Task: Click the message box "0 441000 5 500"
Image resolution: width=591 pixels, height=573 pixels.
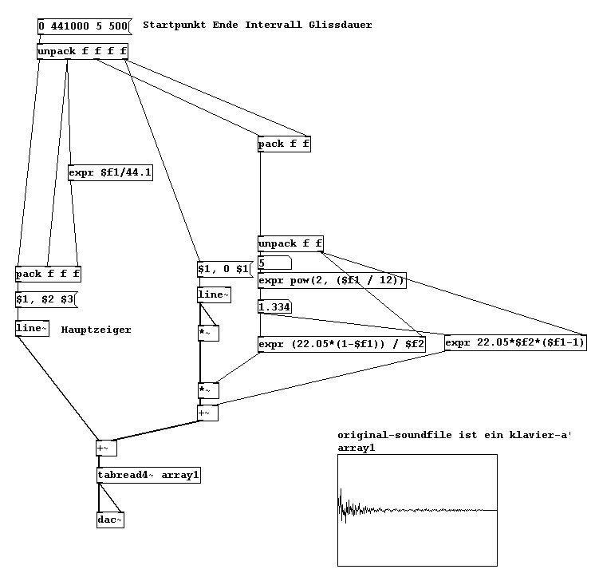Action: point(83,26)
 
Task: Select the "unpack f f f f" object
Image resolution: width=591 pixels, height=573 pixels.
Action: point(82,52)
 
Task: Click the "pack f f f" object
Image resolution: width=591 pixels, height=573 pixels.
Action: point(48,275)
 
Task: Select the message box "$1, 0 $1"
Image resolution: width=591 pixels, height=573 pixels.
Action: point(224,269)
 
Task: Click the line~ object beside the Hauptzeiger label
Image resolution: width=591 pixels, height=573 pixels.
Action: point(32,329)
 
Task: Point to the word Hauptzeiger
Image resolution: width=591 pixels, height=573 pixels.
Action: point(96,330)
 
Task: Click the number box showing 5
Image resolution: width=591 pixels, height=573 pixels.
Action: point(274,263)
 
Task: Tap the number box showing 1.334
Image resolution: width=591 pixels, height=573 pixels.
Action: point(274,306)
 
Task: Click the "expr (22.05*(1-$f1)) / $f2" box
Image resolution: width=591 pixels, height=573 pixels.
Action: point(341,344)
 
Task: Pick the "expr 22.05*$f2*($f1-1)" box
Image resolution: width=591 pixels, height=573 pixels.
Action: point(515,343)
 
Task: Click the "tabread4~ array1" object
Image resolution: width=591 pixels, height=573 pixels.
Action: point(148,476)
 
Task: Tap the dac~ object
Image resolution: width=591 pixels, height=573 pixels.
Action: point(110,520)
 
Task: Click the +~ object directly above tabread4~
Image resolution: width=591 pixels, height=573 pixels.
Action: point(105,448)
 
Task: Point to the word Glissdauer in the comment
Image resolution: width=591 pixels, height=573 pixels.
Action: point(343,26)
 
